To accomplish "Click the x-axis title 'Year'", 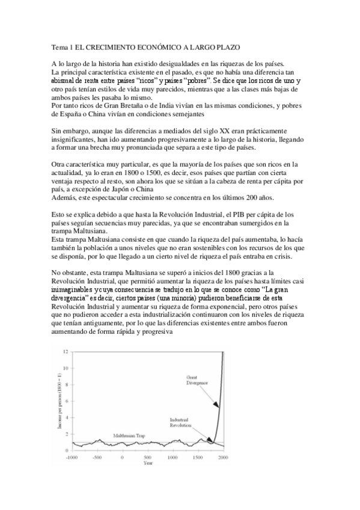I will (x=147, y=464).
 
